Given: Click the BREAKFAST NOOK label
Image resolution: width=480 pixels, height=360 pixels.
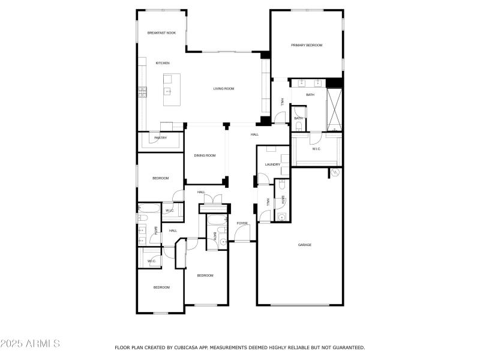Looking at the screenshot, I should (161, 33).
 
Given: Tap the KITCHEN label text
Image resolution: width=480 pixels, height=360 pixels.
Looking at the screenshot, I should (163, 63).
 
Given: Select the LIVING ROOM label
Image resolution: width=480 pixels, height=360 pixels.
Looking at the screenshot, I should (223, 89).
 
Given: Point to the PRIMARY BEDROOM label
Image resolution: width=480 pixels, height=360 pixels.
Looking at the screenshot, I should (307, 46).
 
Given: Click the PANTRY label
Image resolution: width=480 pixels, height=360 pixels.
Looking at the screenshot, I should (160, 138).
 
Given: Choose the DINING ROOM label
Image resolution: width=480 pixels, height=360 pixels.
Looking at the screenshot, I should (205, 156).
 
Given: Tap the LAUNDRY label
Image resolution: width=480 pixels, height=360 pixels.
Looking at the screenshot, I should (273, 164).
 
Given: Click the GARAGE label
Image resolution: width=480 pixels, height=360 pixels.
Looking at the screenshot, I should (305, 245).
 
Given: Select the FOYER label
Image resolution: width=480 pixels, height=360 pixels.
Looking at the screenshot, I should (242, 223).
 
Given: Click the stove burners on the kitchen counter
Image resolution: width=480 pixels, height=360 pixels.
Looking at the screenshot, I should (143, 91).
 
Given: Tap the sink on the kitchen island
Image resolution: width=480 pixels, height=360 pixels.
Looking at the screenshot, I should (169, 91).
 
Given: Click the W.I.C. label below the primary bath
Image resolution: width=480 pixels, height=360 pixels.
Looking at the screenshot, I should (316, 149).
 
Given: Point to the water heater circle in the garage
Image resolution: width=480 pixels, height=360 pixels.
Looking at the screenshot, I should (335, 173).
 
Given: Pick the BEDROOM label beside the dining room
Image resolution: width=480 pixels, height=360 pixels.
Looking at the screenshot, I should (160, 178).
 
